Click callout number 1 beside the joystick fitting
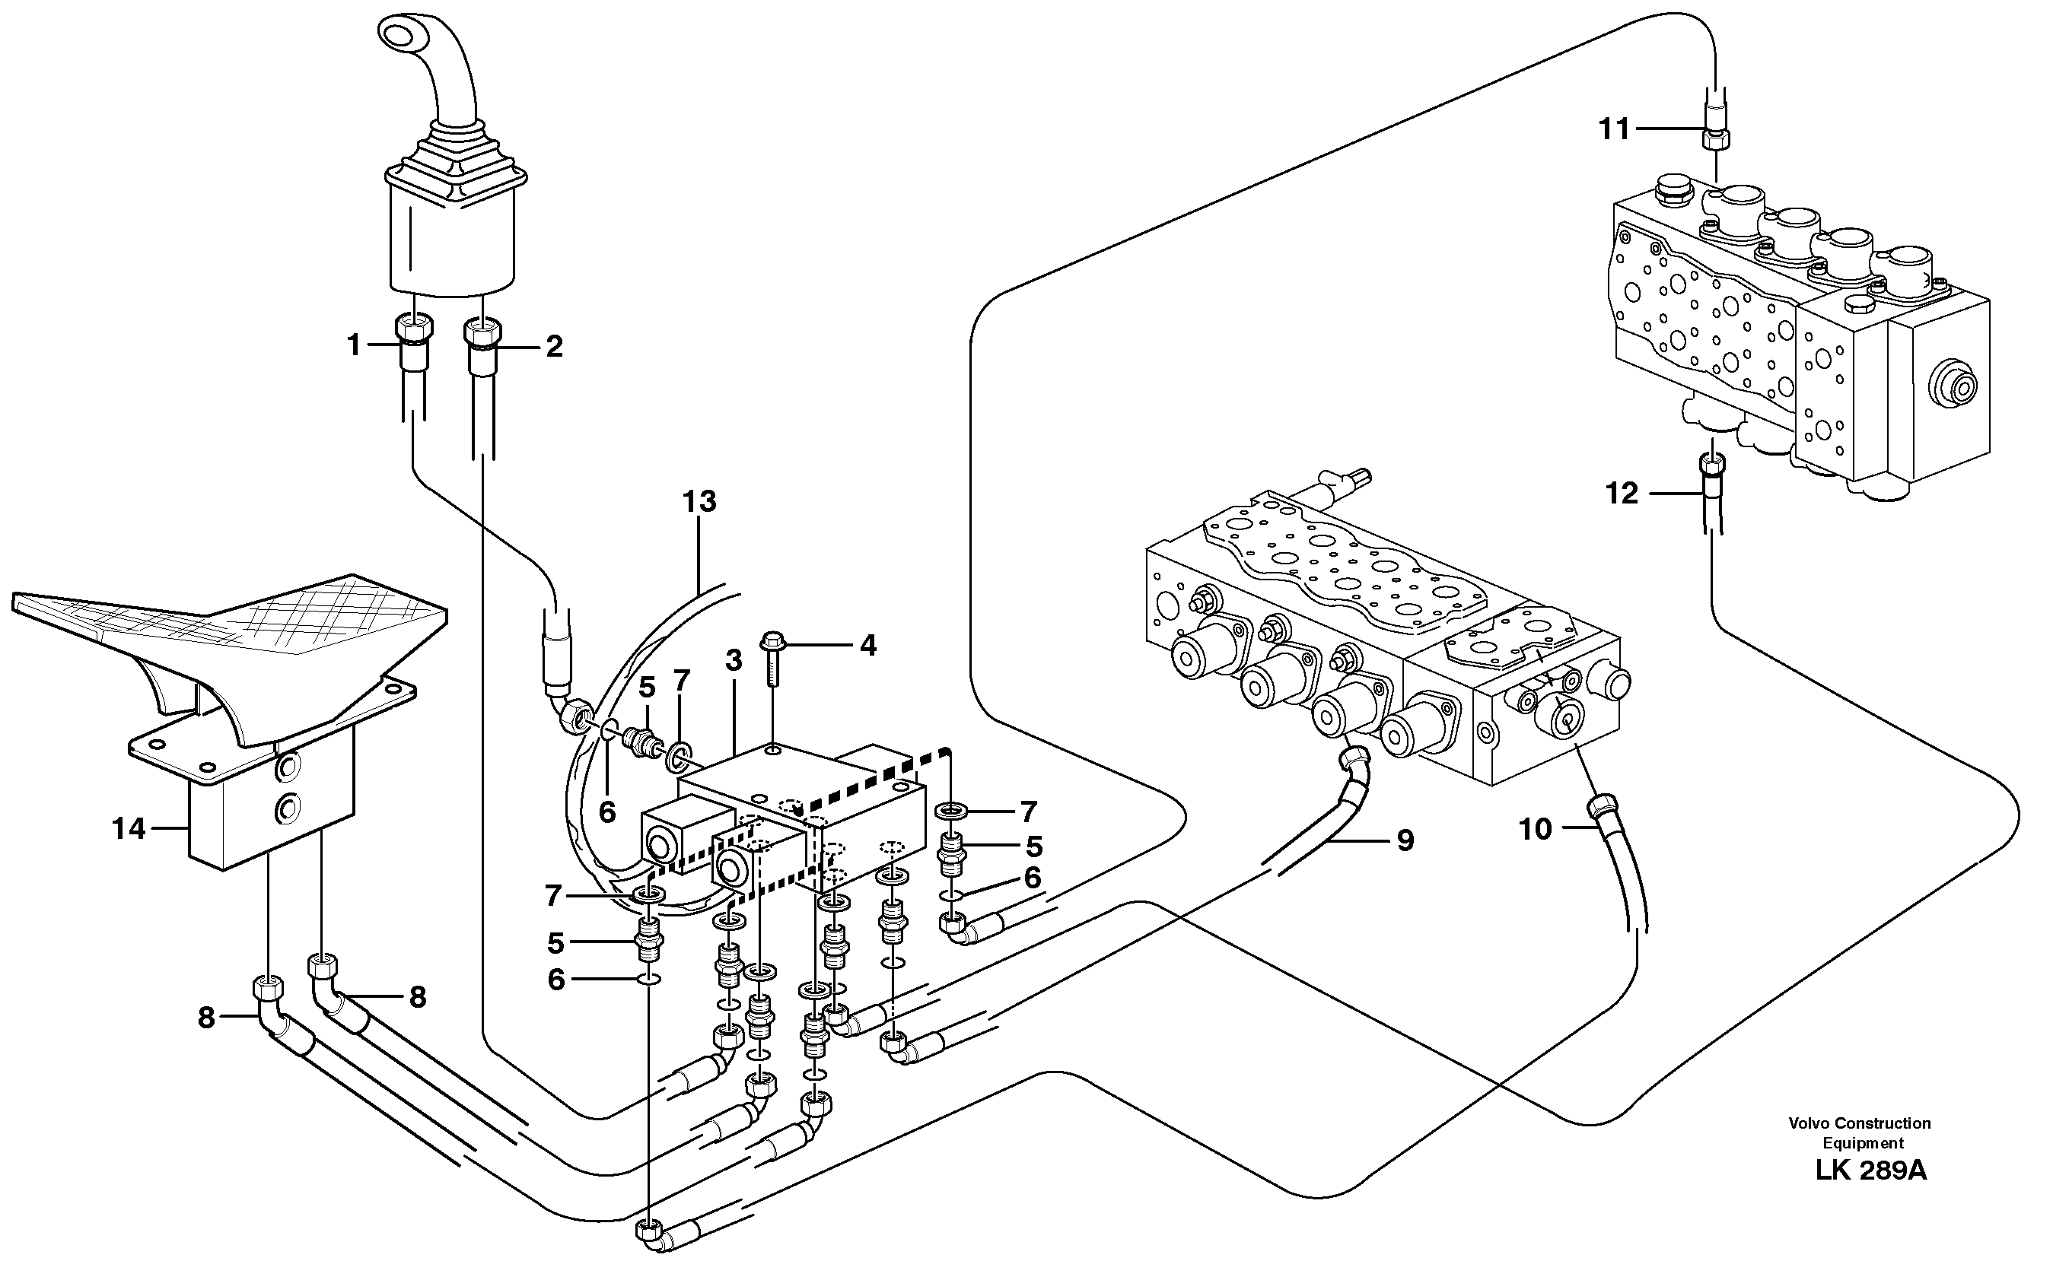click(x=353, y=345)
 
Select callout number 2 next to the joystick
click(x=554, y=346)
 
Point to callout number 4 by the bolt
click(x=868, y=645)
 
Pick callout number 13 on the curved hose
click(x=699, y=501)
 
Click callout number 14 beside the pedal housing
click(x=129, y=829)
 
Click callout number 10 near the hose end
click(x=1536, y=829)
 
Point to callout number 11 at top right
click(x=1614, y=129)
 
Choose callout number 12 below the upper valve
click(x=1622, y=494)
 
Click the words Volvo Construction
click(x=1859, y=1123)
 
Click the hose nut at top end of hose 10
click(x=1603, y=806)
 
